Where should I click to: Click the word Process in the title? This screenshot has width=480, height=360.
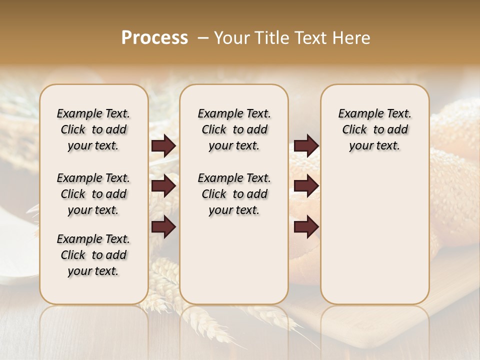154,38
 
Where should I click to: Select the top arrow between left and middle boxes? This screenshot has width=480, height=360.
163,146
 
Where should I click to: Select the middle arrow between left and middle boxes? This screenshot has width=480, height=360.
163,186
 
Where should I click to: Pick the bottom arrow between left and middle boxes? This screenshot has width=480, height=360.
163,227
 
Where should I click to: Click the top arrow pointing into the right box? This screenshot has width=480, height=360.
306,146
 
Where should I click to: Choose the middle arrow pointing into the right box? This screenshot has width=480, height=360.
306,186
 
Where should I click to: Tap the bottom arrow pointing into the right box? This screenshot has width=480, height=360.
306,227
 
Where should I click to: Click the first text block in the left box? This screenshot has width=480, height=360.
93,129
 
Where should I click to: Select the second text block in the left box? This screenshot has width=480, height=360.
93,194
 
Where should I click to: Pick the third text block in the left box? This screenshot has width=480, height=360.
93,255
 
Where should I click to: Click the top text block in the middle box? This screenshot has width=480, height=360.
234,129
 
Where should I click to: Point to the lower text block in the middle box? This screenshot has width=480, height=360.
234,194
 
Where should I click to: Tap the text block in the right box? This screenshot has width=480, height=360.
374,129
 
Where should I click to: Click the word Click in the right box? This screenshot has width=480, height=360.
354,130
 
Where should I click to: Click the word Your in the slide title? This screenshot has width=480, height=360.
232,38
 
